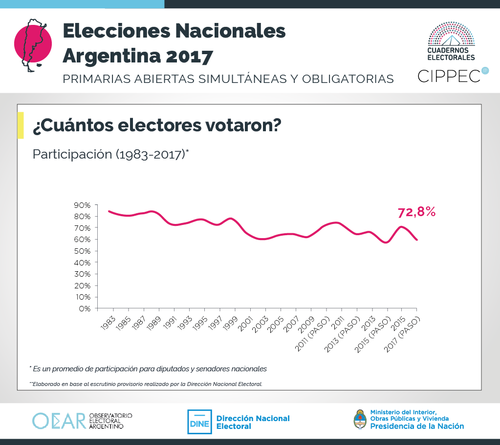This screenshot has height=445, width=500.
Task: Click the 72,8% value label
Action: pos(416,212)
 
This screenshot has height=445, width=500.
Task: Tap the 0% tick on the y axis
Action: pos(86,309)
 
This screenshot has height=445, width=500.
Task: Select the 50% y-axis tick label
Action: pos(83,251)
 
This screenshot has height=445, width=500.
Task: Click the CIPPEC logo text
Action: pos(449,76)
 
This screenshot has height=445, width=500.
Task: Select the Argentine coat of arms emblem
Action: pos(360,419)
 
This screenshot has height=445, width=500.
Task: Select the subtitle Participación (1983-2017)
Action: pos(110,154)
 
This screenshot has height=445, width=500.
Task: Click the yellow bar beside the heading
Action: pos(20,125)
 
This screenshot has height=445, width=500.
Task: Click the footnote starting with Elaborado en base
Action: pos(147,384)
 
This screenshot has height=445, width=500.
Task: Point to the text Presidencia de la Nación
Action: pos(417,426)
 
